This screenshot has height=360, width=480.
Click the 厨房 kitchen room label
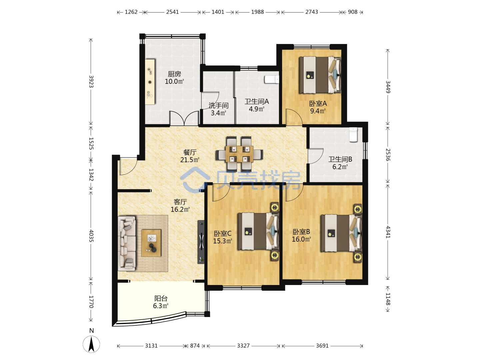point(174,74)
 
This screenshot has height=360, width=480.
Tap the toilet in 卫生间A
point(272,79)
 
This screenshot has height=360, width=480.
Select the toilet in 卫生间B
point(353,135)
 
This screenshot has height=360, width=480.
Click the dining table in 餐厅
point(239,154)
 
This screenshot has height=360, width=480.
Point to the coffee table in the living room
point(151,243)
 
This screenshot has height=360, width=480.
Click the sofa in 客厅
point(127,243)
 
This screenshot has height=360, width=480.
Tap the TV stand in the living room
point(201,242)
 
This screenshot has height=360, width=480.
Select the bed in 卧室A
point(320,75)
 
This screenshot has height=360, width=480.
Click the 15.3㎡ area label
point(223,241)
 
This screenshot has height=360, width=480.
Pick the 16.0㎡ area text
point(301,239)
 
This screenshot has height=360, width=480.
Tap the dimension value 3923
point(91,81)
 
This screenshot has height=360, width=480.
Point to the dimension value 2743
point(312,12)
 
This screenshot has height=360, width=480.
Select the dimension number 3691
point(322,346)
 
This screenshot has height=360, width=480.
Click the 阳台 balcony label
point(161,298)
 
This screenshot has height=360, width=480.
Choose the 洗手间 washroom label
point(218,106)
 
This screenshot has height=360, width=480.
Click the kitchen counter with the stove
point(150,82)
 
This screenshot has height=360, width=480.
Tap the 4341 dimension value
point(388,232)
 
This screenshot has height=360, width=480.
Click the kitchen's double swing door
point(184,118)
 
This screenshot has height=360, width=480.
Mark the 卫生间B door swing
point(315,156)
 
